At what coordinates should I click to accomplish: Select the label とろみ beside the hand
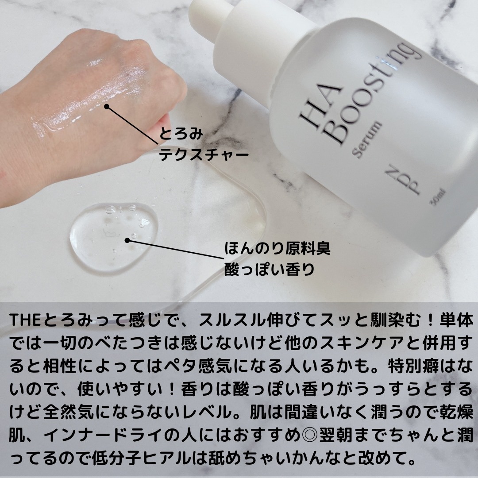[x=181, y=134]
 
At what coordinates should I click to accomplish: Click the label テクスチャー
[x=204, y=155]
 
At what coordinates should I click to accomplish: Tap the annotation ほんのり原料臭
[x=278, y=248]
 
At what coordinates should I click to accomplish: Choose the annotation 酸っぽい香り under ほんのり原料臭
[x=270, y=269]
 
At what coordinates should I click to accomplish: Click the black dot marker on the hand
[x=106, y=106]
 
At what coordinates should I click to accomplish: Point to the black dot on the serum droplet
[x=127, y=240]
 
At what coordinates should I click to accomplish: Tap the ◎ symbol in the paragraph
[x=309, y=435]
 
